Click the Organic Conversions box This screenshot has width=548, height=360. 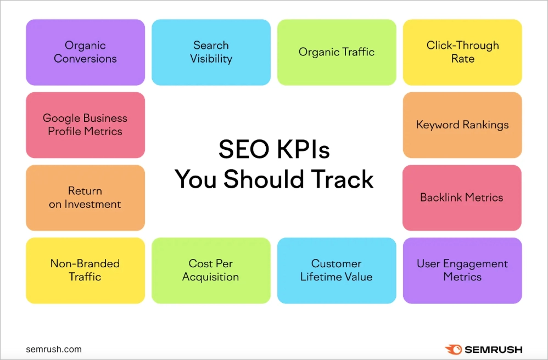tap(85, 52)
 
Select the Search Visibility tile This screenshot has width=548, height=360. tap(211, 52)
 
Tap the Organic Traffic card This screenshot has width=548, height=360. tap(337, 52)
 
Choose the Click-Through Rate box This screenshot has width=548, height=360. tap(462, 52)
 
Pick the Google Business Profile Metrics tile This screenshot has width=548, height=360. tap(85, 125)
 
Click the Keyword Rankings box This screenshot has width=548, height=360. tap(462, 125)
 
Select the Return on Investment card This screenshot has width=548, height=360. tap(85, 198)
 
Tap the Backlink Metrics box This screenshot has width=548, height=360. tap(462, 198)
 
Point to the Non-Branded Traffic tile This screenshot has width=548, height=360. tap(85, 270)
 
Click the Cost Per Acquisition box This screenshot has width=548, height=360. tap(211, 270)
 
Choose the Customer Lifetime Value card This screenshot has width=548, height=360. tap(337, 270)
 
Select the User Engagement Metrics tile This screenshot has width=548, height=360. tap(462, 270)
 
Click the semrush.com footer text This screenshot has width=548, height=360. tap(54, 349)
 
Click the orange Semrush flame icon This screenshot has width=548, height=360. tap(453, 349)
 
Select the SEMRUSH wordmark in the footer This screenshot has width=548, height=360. tap(494, 349)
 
